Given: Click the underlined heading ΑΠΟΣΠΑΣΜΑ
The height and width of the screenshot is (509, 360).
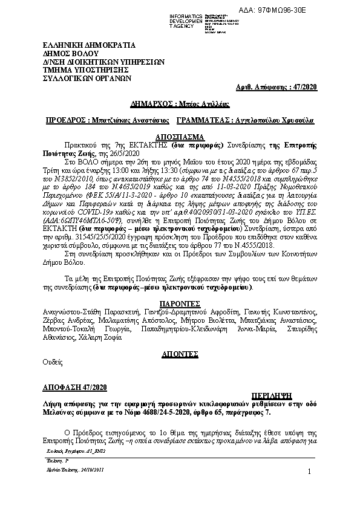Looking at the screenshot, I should pyautogui.click(x=180, y=137).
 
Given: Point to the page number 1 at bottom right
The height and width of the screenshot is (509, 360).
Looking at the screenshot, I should pyautogui.click(x=308, y=472).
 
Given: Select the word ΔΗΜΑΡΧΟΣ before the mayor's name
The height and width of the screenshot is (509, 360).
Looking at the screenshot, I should pyautogui.click(x=154, y=105).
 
